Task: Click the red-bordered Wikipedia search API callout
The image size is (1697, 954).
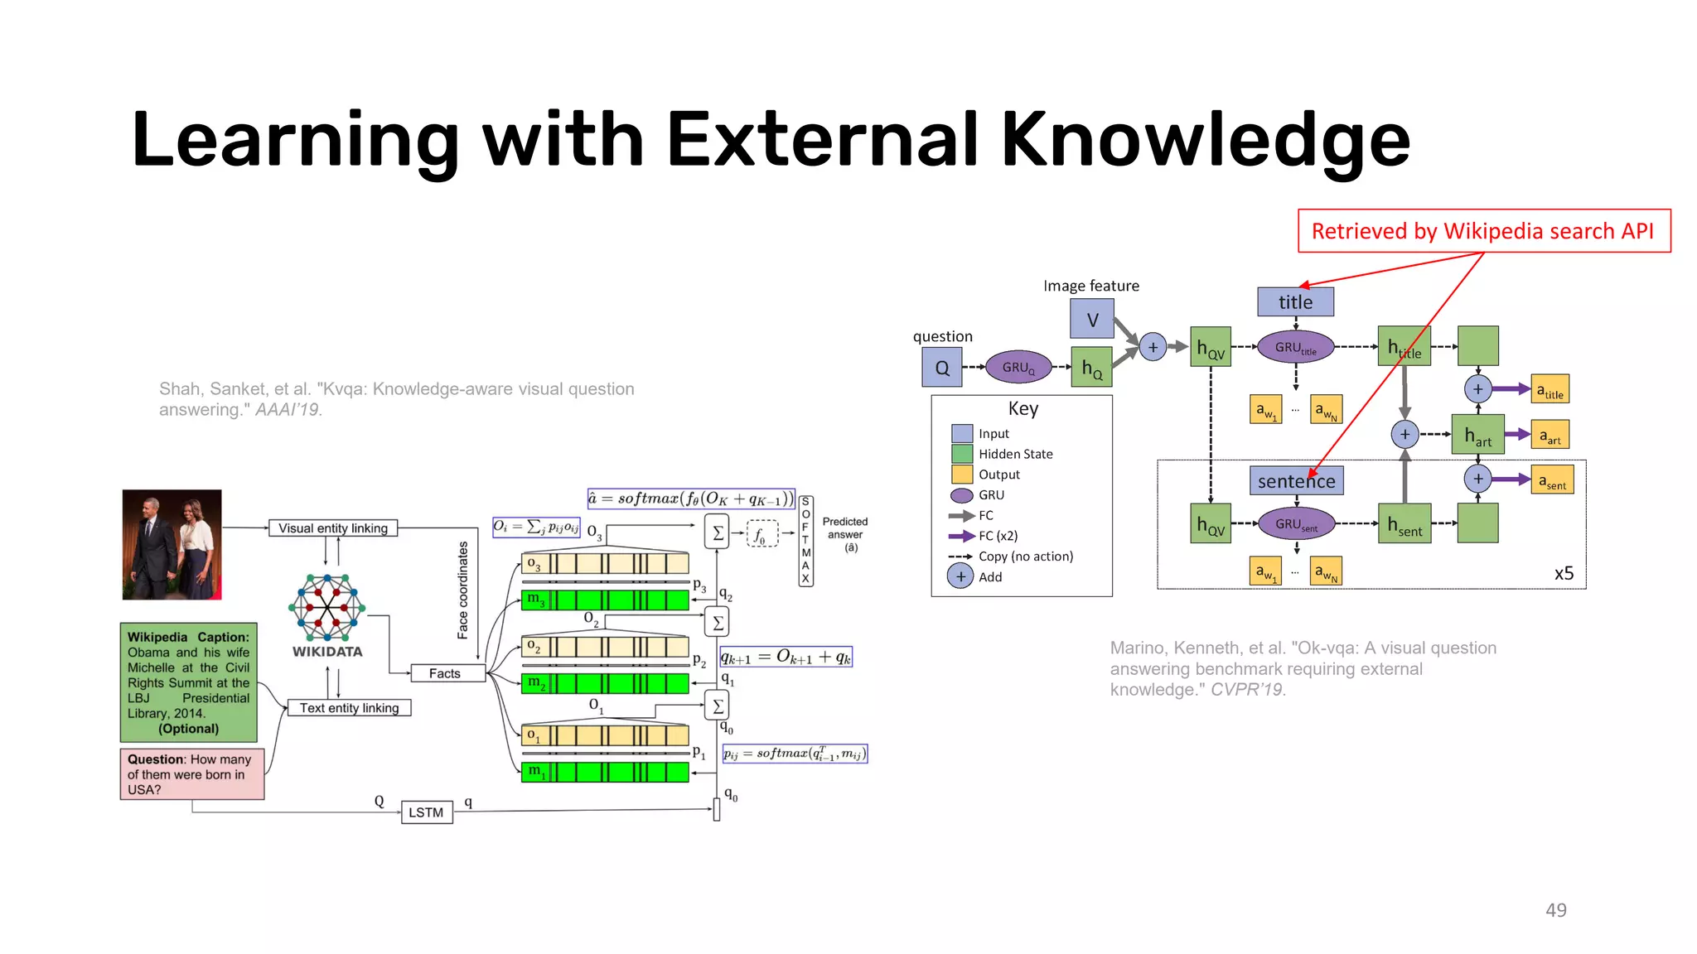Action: (x=1483, y=231)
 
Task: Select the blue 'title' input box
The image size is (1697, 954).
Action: (x=1295, y=302)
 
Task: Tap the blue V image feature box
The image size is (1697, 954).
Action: (x=1091, y=320)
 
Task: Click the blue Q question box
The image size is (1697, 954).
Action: (x=942, y=368)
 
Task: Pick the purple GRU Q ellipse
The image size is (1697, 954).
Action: (x=1018, y=367)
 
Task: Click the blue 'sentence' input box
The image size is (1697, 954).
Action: (x=1296, y=480)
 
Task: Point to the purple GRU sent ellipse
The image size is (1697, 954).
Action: (x=1296, y=523)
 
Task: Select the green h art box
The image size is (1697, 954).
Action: (x=1477, y=435)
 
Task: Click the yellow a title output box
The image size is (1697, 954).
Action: (x=1550, y=389)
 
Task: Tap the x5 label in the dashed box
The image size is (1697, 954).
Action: (x=1564, y=573)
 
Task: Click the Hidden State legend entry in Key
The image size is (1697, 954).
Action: (x=1014, y=454)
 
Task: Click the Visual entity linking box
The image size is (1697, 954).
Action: (x=333, y=528)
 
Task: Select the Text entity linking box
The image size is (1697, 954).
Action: (x=349, y=708)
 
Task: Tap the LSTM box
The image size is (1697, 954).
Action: (x=426, y=812)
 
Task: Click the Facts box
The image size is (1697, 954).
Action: (x=445, y=673)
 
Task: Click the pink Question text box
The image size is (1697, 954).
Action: (x=191, y=773)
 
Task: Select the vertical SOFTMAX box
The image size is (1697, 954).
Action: (x=805, y=541)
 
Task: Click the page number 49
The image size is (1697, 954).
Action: (x=1555, y=910)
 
